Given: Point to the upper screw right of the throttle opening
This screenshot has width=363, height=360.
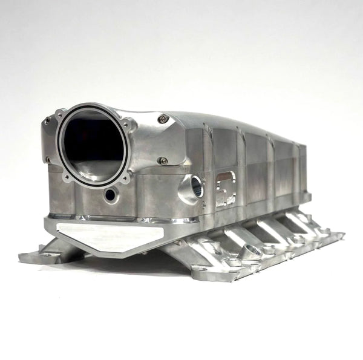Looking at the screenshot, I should coord(162,119).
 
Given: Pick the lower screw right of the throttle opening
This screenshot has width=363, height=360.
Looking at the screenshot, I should coord(162,160).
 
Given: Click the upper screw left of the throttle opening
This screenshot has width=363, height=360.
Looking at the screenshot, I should coord(47,120).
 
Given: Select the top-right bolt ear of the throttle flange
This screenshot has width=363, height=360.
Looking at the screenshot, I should coord(125,124).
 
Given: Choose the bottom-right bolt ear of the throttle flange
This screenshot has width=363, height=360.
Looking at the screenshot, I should coord(125,178).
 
